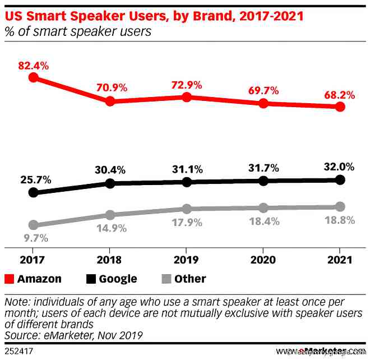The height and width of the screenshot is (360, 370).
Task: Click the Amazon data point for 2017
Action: coord(33,77)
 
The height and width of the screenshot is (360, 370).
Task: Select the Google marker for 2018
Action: coord(110,183)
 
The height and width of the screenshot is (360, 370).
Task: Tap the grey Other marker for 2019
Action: coord(187,209)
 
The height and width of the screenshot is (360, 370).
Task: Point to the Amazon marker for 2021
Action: coord(340,107)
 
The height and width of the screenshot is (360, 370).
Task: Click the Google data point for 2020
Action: coord(263,181)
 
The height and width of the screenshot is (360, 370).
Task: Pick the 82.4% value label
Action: coord(33,66)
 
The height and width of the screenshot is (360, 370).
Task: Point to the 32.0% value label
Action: coord(340,166)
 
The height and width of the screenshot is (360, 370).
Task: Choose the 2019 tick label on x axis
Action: coord(187,260)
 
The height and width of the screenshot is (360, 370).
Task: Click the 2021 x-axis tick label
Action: coord(340,260)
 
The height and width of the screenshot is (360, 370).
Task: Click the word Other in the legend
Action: coord(189,279)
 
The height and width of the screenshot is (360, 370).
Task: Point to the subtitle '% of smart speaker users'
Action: coord(78,31)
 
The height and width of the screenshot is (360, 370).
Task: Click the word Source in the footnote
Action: coord(22,335)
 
